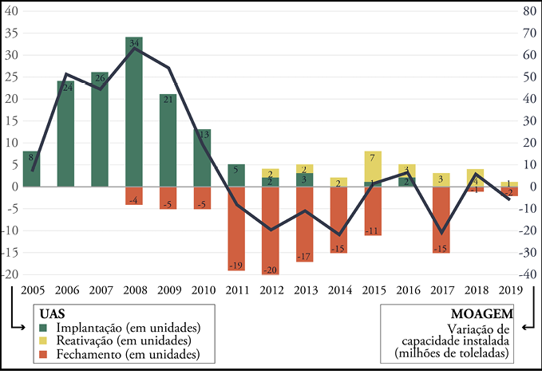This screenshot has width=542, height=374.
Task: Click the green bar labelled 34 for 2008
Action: pos(134,112)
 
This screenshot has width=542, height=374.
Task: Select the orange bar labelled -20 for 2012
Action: pos(271,230)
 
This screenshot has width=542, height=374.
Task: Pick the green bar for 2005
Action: pos(32,169)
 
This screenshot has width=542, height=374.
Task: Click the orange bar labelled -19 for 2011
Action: pos(236,228)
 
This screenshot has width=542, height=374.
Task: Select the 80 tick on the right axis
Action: pos(528,12)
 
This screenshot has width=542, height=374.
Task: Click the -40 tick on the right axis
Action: pos(528,275)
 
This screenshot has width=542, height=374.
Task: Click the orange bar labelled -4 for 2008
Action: pos(134,196)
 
